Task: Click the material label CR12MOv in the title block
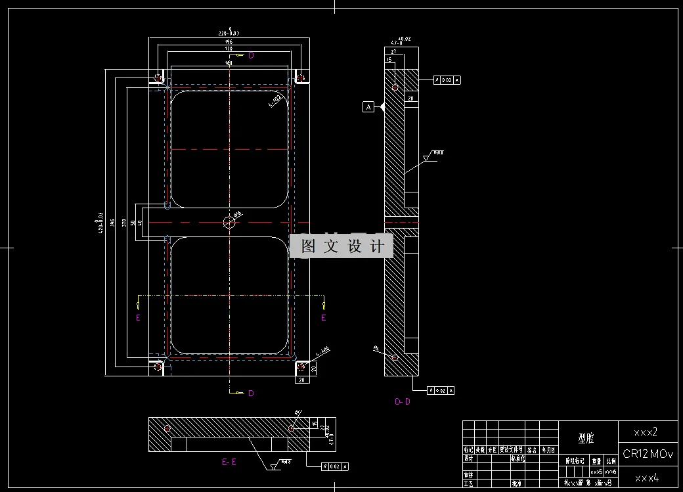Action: (x=648, y=454)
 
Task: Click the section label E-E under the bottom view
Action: (x=229, y=462)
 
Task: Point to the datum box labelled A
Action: (x=368, y=106)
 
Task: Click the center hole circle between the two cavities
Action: (x=229, y=221)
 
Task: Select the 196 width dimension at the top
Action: (x=229, y=41)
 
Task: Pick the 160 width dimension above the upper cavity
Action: (x=229, y=63)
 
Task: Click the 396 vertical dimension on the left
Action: (x=113, y=223)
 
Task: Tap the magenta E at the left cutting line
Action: (x=138, y=318)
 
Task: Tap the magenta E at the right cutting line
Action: (x=323, y=318)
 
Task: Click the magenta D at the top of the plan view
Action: (x=251, y=56)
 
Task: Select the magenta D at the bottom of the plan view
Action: (x=251, y=393)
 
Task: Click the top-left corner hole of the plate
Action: (x=158, y=78)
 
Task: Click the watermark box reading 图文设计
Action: (x=341, y=246)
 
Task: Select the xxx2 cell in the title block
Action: (x=646, y=433)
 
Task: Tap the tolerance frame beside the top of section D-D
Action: (x=448, y=80)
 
